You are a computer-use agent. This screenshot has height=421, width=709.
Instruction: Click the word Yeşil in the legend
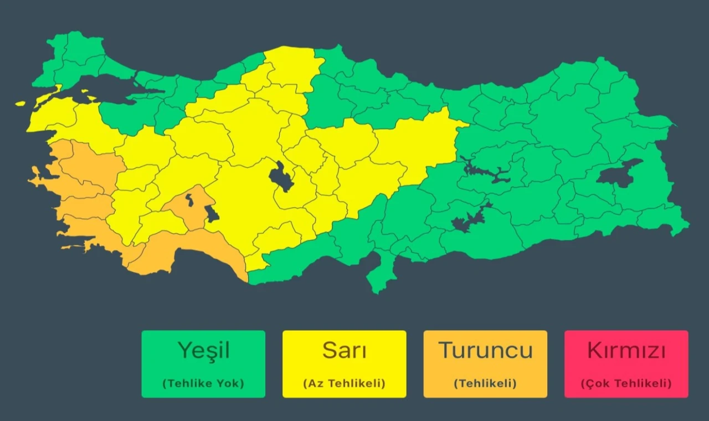(x=203, y=351)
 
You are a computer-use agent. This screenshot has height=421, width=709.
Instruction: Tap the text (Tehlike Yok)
(x=203, y=383)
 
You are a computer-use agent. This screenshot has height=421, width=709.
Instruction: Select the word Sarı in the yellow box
(x=344, y=351)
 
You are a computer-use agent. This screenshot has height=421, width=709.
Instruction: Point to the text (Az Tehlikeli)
(x=344, y=383)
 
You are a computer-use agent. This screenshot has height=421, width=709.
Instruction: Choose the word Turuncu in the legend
(x=485, y=351)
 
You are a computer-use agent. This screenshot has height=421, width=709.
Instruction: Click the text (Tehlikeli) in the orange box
(x=485, y=383)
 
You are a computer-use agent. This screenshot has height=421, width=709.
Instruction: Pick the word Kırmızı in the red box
(x=626, y=351)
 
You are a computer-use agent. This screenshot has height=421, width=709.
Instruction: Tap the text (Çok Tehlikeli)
(x=626, y=383)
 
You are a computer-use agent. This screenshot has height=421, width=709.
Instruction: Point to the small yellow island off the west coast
(x=20, y=103)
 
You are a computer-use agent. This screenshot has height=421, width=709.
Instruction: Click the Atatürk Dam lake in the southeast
(x=468, y=219)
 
